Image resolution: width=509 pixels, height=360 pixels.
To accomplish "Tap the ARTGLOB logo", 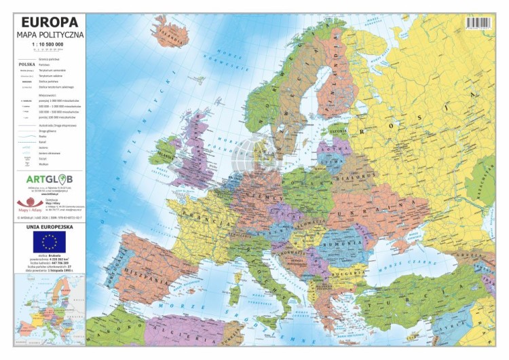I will click(x=50, y=179).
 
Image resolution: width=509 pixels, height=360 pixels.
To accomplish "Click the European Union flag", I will click(x=48, y=241).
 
